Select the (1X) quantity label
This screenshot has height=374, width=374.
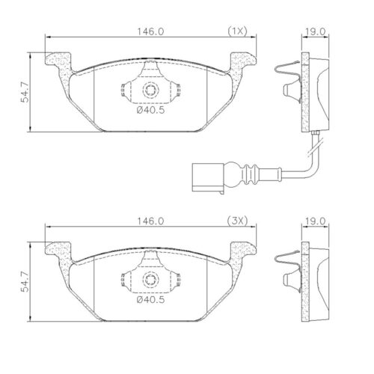click(239, 32)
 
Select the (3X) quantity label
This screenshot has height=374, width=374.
click(239, 222)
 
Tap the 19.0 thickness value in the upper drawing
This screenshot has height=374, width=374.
click(313, 32)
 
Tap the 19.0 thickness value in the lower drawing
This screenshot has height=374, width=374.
click(313, 222)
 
